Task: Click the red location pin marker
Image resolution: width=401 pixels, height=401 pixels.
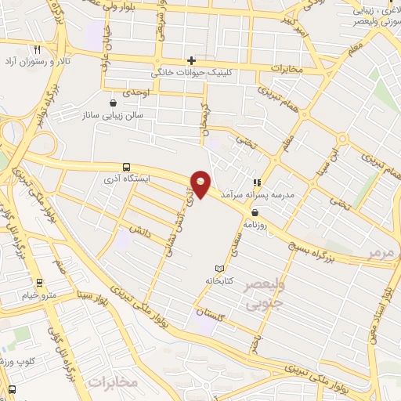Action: pyautogui.click(x=201, y=185)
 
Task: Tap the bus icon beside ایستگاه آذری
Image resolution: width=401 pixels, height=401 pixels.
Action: pyautogui.click(x=126, y=166)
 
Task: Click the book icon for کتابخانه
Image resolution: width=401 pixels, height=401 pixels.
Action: pyautogui.click(x=219, y=268)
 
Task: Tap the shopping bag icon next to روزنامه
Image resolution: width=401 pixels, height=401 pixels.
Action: pyautogui.click(x=255, y=212)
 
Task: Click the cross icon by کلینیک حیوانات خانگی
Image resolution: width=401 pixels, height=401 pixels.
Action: pyautogui.click(x=191, y=60)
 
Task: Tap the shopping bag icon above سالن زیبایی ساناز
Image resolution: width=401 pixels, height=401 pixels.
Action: pyautogui.click(x=114, y=103)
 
